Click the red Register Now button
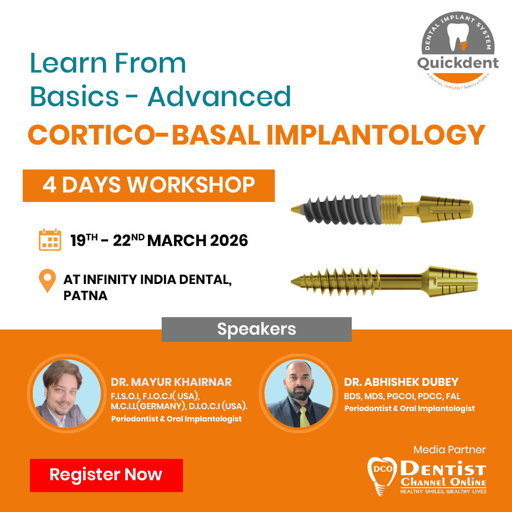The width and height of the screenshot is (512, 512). tap(106, 475)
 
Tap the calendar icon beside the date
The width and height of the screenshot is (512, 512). tap(50, 240)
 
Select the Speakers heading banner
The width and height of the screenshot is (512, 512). tap(256, 329)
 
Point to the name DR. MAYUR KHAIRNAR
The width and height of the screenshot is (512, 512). tap(171, 382)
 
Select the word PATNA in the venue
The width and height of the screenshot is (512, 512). tap(85, 296)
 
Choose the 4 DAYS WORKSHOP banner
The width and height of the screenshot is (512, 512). tap(148, 185)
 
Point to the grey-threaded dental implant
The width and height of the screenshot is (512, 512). tap(382, 209)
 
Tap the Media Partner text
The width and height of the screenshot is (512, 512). tap(449, 449)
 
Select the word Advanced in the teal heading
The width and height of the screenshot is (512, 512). tap(219, 96)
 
